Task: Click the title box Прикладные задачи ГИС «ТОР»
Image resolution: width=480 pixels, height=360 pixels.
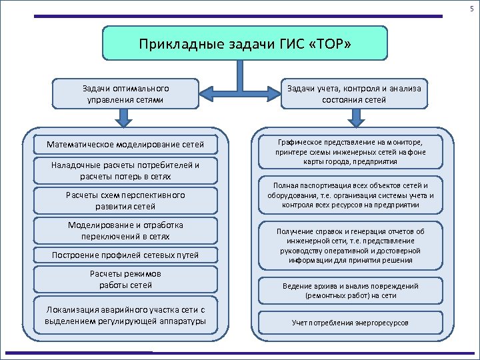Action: click(x=244, y=43)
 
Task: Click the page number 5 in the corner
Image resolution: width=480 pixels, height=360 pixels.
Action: click(x=471, y=7)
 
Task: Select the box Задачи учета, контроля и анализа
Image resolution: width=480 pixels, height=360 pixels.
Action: click(x=354, y=94)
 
